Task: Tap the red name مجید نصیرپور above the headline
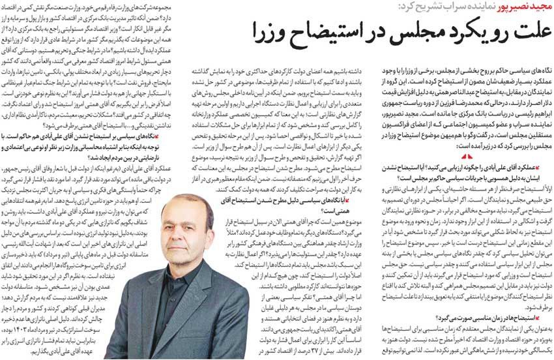pos(514,8)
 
